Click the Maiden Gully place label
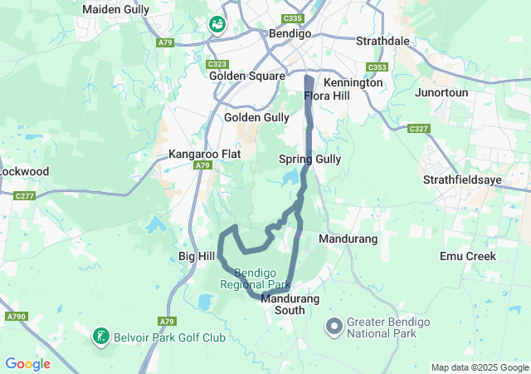115,10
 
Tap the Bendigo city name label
290,34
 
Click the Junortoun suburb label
442,92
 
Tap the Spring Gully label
309,158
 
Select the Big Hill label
197,257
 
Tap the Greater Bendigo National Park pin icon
334,325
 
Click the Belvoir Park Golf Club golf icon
100,337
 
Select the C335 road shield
292,17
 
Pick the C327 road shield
418,129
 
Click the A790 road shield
15,317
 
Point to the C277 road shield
24,196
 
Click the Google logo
27,363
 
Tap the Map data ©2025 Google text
479,367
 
